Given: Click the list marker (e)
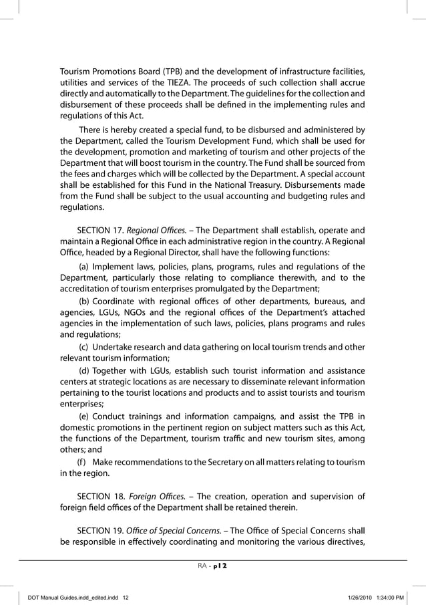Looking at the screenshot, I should point(85,414).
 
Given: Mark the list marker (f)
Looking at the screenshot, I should point(81,463).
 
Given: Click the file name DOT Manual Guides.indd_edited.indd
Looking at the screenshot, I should point(73,597).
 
